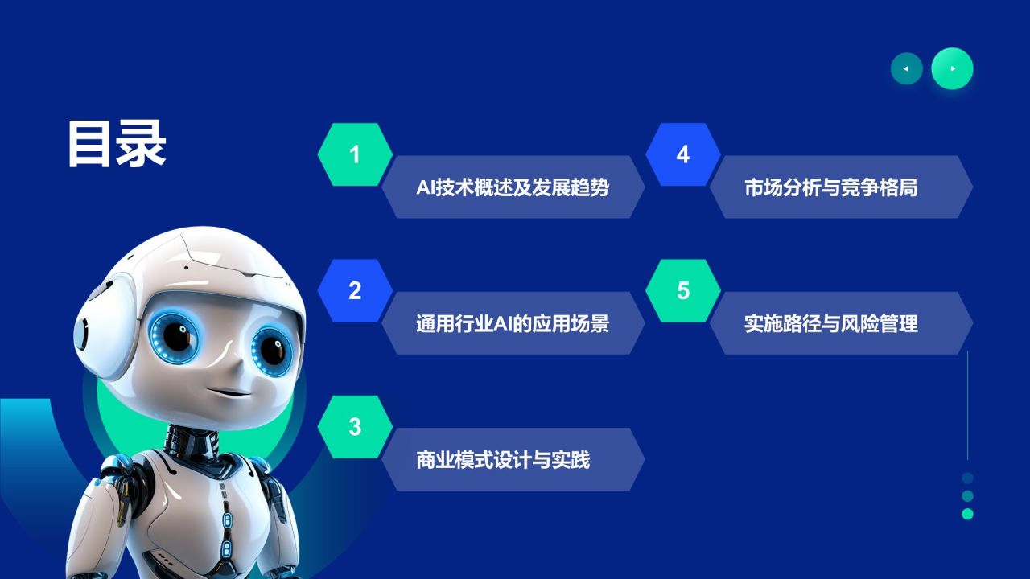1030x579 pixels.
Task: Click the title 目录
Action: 117,145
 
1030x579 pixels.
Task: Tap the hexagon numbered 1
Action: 355,154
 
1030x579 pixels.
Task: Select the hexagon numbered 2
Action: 355,291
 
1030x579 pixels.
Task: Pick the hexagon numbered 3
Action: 355,427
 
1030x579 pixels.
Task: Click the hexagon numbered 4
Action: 683,154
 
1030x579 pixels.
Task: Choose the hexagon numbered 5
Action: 683,291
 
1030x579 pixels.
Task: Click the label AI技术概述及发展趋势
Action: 513,187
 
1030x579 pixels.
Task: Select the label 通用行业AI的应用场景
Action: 513,323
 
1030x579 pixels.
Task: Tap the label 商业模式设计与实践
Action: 504,460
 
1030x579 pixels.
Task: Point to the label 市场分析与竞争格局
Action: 831,187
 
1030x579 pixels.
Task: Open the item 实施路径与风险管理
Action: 831,323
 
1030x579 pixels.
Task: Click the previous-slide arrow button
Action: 906,69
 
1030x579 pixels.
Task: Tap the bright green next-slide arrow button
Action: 952,69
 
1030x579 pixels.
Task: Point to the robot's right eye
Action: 270,349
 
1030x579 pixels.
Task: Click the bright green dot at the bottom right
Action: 967,514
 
